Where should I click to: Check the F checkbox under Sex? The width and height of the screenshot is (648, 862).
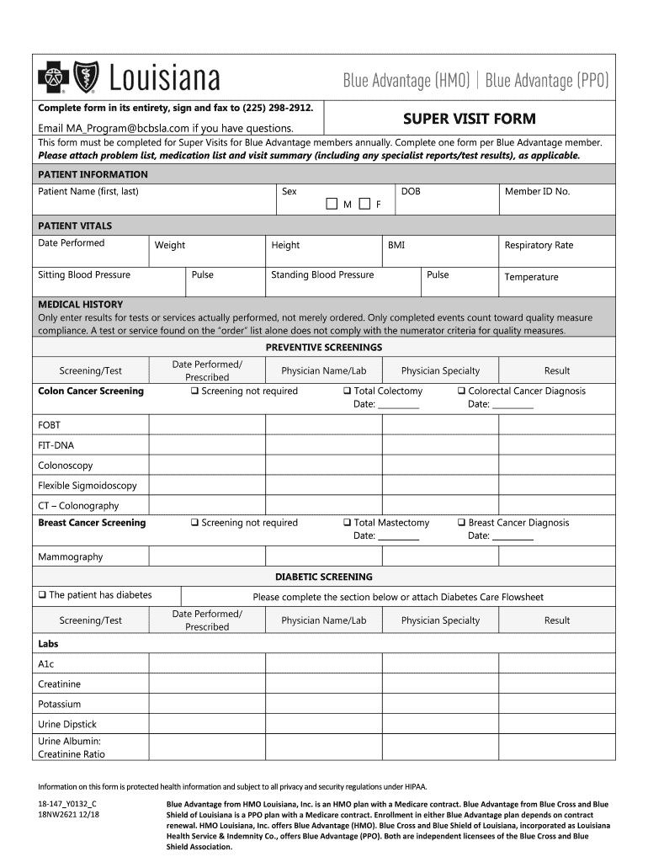point(364,204)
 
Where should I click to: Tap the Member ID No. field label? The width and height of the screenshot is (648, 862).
point(537,191)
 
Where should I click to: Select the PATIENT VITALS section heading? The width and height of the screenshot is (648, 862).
point(75,226)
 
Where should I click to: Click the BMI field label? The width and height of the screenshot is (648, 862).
point(396,245)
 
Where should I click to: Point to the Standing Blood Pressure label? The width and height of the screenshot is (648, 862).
point(322,274)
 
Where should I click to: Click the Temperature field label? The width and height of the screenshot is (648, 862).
point(531,277)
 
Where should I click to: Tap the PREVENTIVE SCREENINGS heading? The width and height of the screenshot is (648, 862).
point(324,347)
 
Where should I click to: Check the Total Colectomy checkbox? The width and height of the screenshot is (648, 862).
point(347,391)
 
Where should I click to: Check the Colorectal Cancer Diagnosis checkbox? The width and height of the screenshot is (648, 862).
point(461,391)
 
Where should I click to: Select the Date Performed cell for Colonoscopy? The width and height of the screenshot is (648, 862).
point(206,466)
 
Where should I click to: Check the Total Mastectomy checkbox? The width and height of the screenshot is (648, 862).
point(347,523)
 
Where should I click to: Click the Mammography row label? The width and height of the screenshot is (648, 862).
point(70,556)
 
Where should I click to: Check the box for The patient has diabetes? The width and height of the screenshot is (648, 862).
point(42,595)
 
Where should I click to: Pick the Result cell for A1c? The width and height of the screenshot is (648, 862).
point(556,664)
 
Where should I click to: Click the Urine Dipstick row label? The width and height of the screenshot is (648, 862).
point(67,724)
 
